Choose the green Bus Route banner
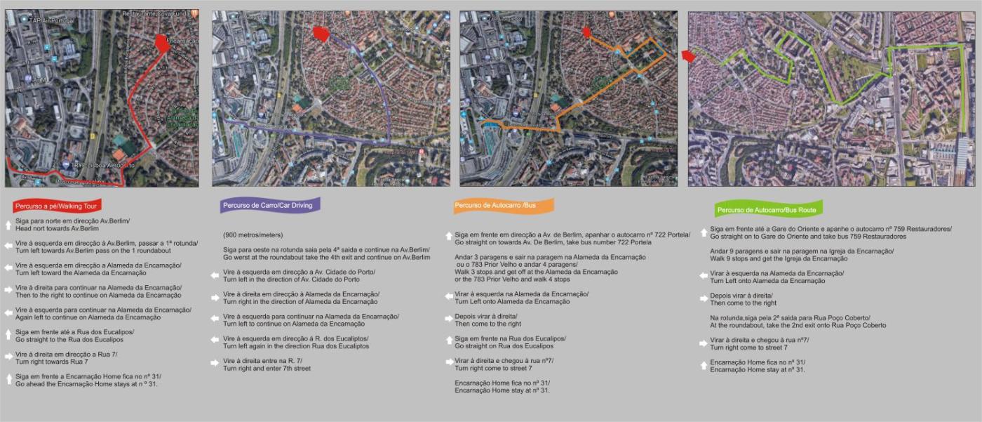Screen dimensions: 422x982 tap(767, 209)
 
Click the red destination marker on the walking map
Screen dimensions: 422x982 tap(161, 44)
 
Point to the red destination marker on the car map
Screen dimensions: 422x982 tap(321, 34)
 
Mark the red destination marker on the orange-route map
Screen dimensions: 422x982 tap(586, 32)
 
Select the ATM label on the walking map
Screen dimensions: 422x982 tap(38, 79)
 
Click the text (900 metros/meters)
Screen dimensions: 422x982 tap(253, 235)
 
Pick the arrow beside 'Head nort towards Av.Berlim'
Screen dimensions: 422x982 tap(8, 225)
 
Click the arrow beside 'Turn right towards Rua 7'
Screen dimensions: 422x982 tap(8, 357)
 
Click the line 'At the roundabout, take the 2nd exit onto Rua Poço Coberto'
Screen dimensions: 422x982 tap(798, 325)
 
